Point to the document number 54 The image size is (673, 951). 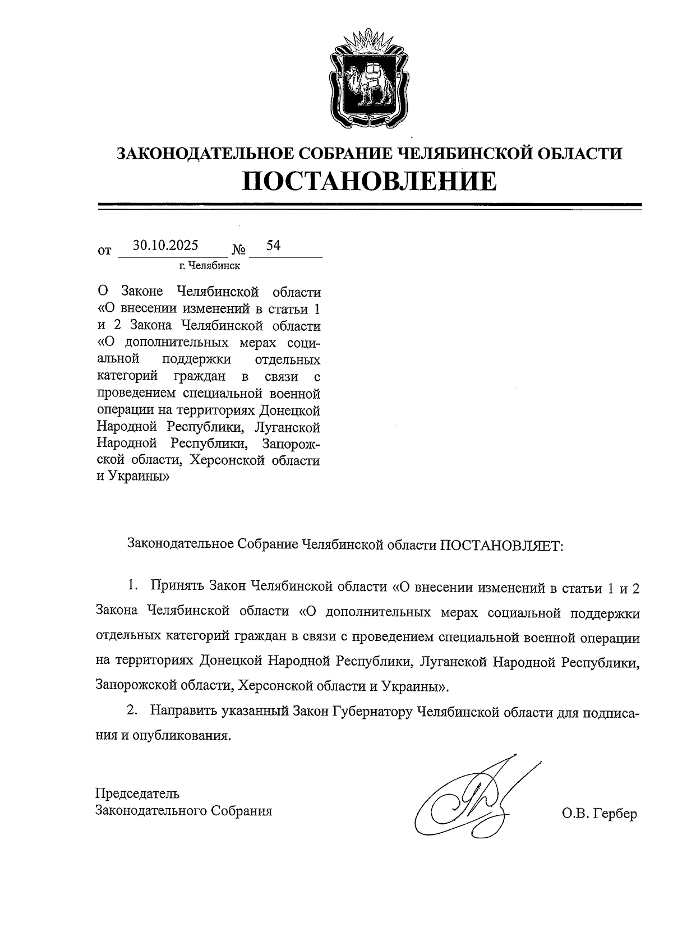point(273,246)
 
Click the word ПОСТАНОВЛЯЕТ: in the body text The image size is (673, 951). point(500,544)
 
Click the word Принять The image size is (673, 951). point(177,587)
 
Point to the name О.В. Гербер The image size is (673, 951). point(599,814)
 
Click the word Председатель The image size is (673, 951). point(138,793)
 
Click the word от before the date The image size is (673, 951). point(104,251)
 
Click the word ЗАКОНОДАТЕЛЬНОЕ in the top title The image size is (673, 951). point(202,153)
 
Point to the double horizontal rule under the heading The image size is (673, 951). point(369,206)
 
